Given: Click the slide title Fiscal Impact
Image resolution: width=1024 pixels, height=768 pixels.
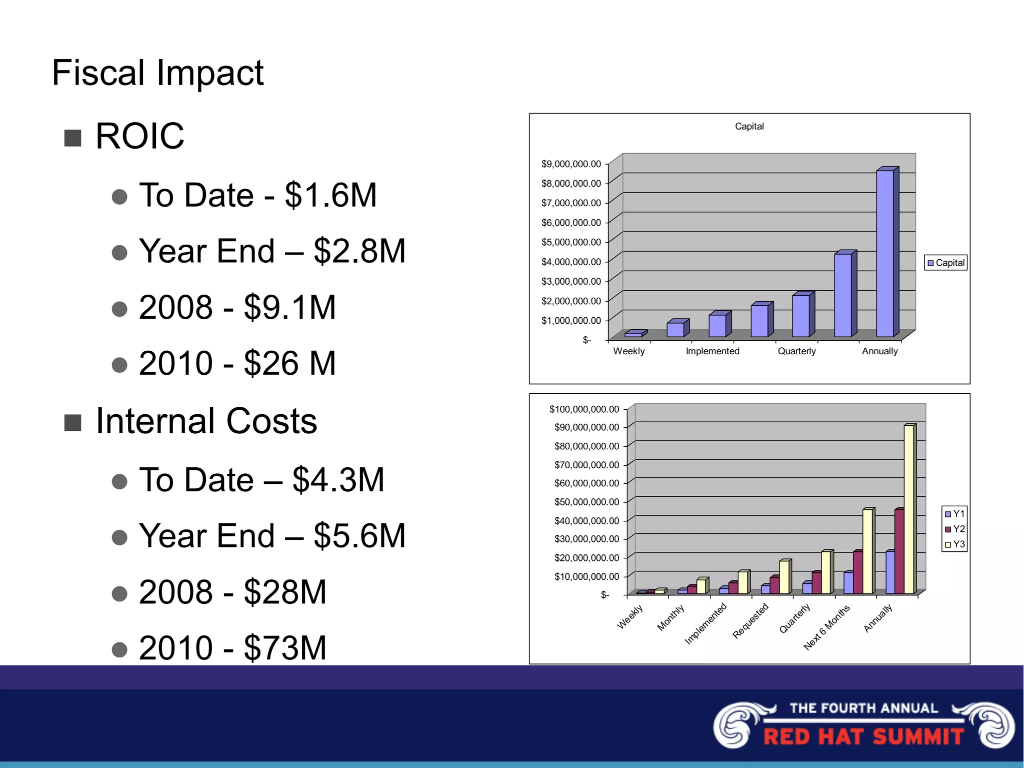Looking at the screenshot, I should click(157, 73).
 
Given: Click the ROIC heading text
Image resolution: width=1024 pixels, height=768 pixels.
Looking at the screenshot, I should click(139, 136).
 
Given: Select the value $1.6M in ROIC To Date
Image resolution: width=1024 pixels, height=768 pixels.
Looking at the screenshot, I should click(330, 195).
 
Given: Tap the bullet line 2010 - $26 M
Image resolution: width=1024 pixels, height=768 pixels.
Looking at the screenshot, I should click(237, 363).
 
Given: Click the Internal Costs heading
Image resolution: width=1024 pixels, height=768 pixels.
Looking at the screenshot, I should click(206, 421).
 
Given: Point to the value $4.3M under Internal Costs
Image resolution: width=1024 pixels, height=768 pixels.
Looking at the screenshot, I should click(338, 480).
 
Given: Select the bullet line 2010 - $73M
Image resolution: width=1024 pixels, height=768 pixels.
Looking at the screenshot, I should click(232, 648).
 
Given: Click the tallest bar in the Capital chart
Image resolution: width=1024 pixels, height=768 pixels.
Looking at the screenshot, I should click(884, 253).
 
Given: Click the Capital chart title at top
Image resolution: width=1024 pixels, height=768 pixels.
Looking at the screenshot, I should click(749, 127).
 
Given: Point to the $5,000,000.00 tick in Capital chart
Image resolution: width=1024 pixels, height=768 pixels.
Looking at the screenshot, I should click(571, 242).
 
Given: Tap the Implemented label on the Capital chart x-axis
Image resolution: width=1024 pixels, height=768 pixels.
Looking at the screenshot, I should click(712, 351).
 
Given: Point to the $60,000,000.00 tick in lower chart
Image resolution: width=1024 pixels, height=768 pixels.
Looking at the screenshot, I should click(586, 483).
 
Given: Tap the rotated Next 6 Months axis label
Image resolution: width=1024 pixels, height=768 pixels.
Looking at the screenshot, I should click(826, 627).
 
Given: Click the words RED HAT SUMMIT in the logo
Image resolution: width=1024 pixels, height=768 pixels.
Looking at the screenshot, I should click(863, 737).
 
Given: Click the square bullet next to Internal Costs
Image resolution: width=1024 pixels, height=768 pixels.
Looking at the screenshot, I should click(73, 423).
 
